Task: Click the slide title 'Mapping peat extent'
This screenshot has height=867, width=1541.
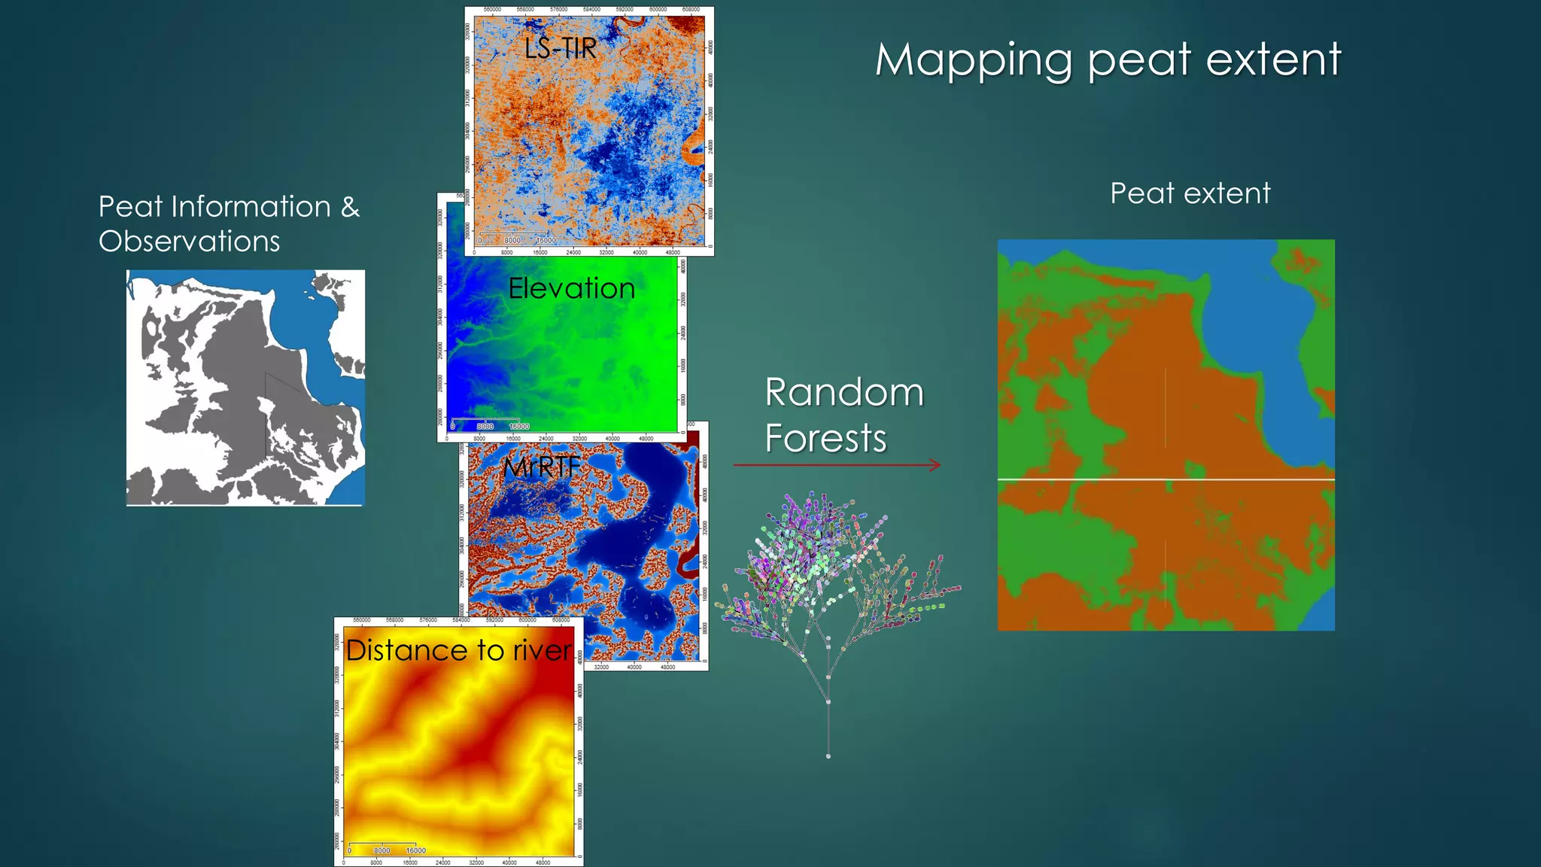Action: click(x=1108, y=59)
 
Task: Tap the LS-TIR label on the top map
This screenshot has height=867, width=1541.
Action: click(x=561, y=49)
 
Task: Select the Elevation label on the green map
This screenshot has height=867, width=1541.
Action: click(x=571, y=288)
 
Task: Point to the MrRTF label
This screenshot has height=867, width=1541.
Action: click(x=542, y=467)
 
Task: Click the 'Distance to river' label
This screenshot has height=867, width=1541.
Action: click(x=458, y=650)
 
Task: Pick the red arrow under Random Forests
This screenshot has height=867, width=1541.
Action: click(x=837, y=465)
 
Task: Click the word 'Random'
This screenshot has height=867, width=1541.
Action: click(x=844, y=393)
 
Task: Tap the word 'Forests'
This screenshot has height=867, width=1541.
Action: click(x=825, y=438)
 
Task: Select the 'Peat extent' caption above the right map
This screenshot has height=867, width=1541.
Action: click(x=1190, y=193)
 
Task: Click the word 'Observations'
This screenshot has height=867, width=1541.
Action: click(x=189, y=242)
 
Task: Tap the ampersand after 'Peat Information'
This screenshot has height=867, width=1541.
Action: click(x=350, y=207)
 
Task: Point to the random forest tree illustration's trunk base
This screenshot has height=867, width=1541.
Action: click(x=828, y=755)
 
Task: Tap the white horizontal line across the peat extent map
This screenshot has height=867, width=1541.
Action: click(x=1166, y=479)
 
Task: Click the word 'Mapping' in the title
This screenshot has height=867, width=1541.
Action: click(x=974, y=59)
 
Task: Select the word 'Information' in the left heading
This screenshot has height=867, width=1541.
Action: click(x=251, y=207)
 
